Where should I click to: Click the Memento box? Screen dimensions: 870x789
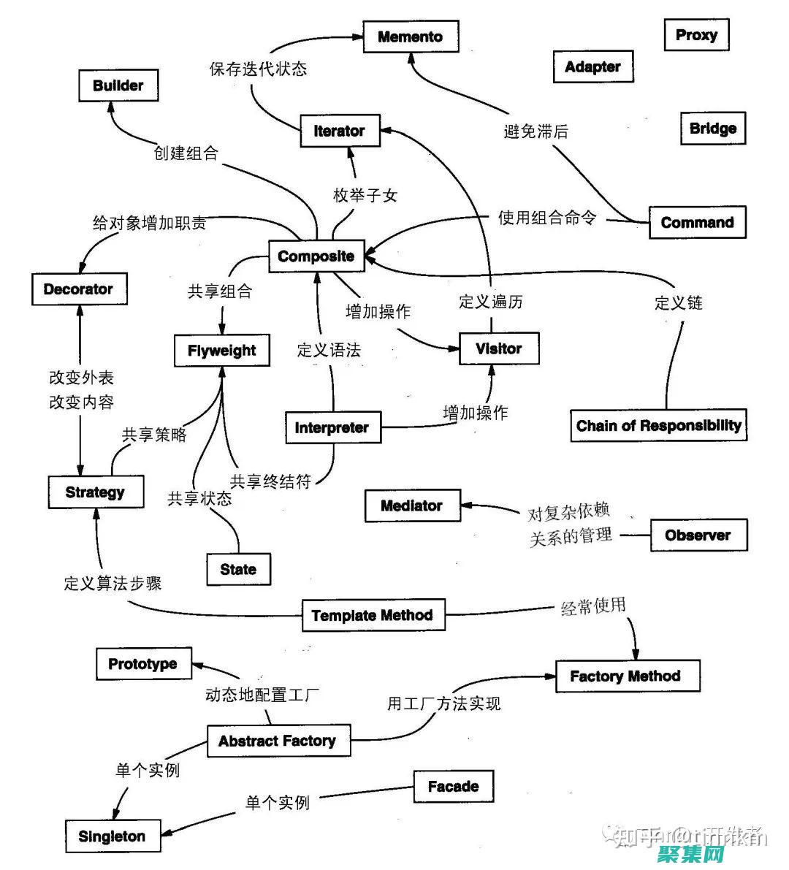click(411, 37)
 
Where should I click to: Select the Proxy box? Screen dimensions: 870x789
click(696, 35)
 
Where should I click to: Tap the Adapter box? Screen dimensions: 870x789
click(592, 66)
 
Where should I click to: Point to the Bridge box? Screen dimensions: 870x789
click(712, 129)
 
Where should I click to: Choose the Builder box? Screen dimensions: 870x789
click(118, 85)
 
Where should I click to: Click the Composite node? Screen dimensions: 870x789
click(316, 256)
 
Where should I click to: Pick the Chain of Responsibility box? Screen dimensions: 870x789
click(658, 426)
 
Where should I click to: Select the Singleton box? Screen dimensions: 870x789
click(112, 836)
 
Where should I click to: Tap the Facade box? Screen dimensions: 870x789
click(453, 787)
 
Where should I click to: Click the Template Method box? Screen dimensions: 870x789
click(373, 616)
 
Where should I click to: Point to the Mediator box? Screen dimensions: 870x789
click(412, 505)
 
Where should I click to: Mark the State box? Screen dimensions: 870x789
click(238, 569)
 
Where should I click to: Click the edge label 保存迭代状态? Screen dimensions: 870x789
click(258, 69)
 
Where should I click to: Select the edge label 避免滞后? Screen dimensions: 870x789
click(535, 131)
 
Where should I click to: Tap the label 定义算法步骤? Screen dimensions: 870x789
click(113, 583)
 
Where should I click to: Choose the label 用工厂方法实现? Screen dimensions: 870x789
click(443, 703)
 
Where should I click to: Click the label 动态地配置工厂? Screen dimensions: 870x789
click(262, 695)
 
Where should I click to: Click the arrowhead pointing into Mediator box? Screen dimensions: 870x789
click(466, 505)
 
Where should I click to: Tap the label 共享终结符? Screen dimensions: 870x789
click(270, 481)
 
